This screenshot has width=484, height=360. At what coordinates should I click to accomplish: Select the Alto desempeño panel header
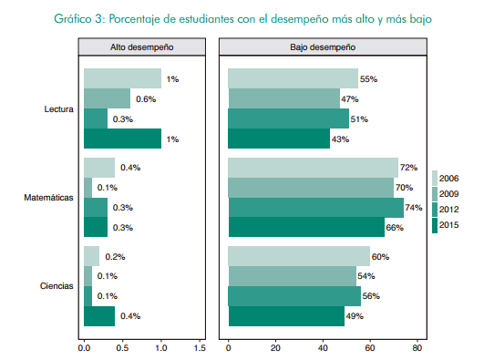coord(140,46)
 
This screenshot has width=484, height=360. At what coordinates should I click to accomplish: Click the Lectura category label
coord(58,108)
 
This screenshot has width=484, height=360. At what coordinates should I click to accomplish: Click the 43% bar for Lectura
coord(278,139)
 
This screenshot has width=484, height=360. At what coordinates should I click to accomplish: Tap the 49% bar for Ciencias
coord(285,316)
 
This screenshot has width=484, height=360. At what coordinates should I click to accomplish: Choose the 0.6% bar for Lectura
coord(107,98)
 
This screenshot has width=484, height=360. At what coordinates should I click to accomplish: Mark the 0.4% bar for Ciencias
coord(98,316)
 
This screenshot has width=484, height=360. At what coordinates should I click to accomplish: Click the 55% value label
coord(370,79)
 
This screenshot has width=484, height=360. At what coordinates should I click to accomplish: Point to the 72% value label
coord(409,168)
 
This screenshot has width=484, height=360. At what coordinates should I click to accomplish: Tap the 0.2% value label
coord(115,257)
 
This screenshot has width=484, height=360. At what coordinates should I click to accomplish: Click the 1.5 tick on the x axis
coord(200,347)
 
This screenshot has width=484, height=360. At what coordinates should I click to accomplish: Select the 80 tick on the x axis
coord(417,347)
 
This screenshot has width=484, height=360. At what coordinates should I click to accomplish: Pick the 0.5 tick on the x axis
coord(122,347)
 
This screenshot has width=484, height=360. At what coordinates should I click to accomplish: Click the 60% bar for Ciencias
coord(299,257)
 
